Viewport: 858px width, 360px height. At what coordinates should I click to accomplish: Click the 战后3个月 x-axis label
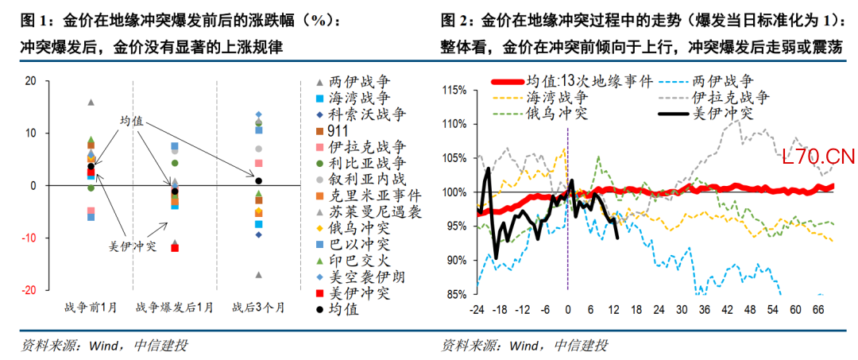258,308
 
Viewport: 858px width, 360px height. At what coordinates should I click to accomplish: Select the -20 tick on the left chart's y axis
31,291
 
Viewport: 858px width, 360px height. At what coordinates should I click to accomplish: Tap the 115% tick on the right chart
455,90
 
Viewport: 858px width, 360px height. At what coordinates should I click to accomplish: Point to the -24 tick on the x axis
477,309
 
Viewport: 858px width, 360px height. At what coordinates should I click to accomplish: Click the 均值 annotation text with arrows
131,120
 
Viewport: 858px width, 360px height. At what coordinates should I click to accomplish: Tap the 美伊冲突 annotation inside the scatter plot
132,246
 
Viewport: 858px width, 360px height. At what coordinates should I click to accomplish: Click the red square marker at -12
175,248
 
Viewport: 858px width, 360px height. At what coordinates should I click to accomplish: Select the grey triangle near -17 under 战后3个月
258,275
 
